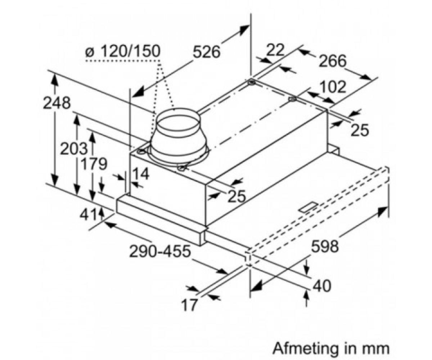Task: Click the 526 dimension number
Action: click(206, 52)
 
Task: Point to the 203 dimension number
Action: click(74, 148)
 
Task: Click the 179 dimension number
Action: click(94, 164)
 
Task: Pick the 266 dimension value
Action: click(333, 61)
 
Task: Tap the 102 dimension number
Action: click(333, 87)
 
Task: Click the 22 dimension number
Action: click(275, 50)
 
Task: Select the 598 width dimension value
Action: click(325, 246)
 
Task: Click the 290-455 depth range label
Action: click(159, 251)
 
